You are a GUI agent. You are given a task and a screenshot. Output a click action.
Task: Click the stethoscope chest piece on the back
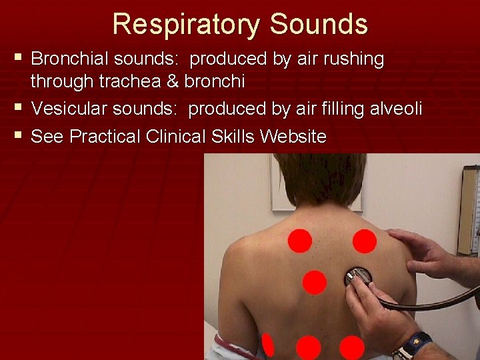tap(359, 277)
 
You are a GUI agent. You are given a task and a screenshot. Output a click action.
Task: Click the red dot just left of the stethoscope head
tap(314, 282)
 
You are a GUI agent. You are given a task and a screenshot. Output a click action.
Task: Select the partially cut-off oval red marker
tap(267, 345)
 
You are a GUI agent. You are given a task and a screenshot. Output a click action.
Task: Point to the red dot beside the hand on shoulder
tap(364, 241)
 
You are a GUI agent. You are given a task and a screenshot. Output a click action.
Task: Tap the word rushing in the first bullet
tap(354, 59)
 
